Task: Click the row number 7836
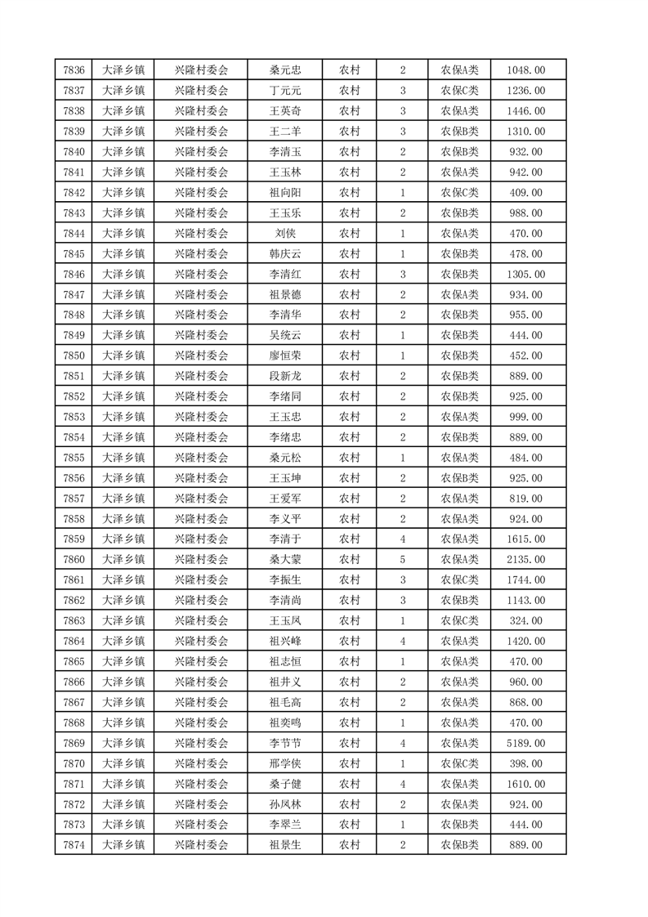(74, 70)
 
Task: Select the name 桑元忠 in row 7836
(285, 70)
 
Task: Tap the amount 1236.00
(525, 91)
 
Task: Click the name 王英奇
(285, 111)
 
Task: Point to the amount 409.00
(525, 193)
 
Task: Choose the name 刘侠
(285, 234)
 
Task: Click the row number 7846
(74, 275)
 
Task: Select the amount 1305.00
(525, 275)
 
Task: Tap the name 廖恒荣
(285, 356)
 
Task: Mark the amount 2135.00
(525, 560)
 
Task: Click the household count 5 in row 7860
(403, 560)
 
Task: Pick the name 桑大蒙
(285, 560)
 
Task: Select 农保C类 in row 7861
(460, 580)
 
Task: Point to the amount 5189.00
(525, 743)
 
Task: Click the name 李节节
(285, 743)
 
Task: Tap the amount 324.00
(525, 621)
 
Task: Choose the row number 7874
(74, 845)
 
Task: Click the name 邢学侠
(285, 763)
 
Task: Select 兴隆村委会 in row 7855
(201, 458)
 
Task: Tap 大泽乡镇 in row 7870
(123, 763)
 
